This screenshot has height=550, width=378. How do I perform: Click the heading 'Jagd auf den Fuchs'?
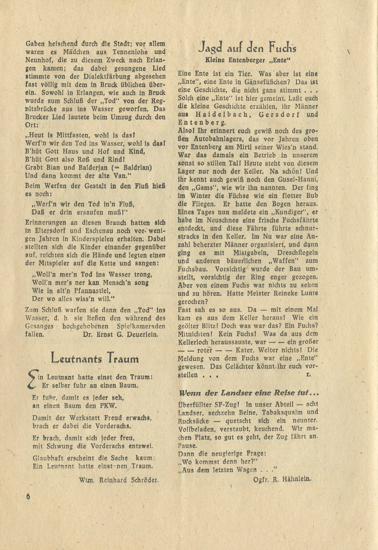point(248,47)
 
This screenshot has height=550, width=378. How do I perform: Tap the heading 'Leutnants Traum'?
point(95,359)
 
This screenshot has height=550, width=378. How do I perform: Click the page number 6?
point(28,497)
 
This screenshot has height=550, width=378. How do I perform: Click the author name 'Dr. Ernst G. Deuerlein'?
point(120,334)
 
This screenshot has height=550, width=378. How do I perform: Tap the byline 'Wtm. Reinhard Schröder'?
point(119,480)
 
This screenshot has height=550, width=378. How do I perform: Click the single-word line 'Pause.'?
point(187,446)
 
